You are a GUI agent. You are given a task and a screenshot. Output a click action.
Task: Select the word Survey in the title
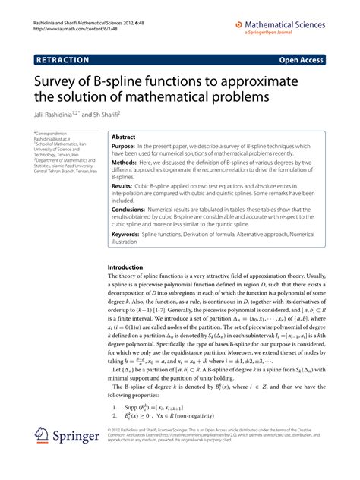point(60,82)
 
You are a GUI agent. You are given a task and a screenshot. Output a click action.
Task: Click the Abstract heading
point(123,137)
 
